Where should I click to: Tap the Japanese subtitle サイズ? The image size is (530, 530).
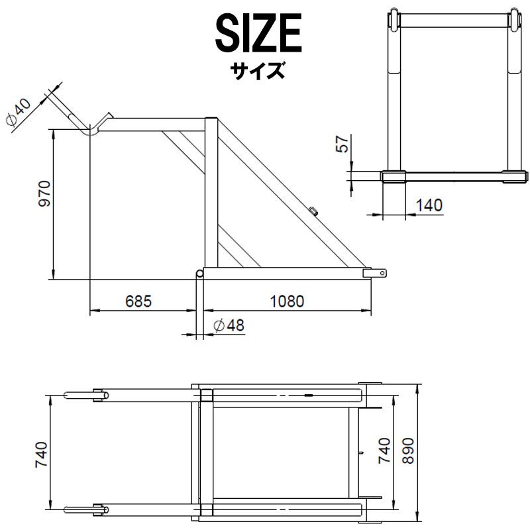258,70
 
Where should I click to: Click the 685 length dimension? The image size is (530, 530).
138,301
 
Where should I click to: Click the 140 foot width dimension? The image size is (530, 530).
429,205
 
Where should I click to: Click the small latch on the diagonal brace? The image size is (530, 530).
313,211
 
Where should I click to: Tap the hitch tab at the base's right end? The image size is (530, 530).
378,273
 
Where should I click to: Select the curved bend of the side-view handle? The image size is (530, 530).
93,129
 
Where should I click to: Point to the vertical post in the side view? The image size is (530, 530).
211,192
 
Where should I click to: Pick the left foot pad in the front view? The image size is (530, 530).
394,176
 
